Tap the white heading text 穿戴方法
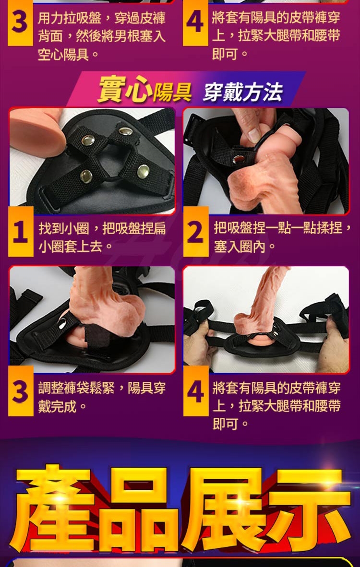242,92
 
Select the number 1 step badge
21,231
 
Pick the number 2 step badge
196,231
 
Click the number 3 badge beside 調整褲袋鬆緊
21,391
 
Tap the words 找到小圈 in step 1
64,228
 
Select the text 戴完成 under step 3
57,407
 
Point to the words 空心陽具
63,55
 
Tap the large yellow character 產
53,508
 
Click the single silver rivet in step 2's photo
238,159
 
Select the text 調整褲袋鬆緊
76,389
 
